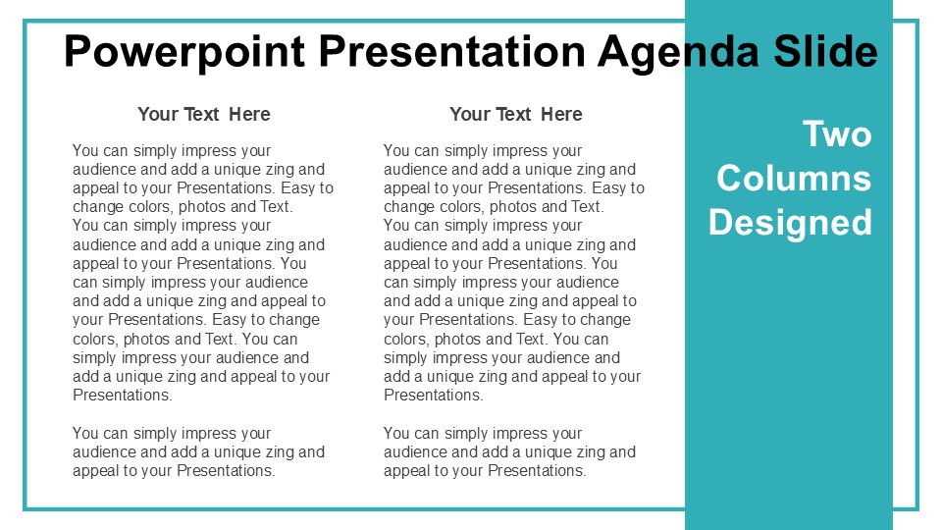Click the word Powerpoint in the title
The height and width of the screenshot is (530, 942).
[x=184, y=52]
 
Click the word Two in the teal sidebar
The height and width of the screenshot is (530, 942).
[x=837, y=134]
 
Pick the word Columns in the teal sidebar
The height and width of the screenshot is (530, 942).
[x=794, y=178]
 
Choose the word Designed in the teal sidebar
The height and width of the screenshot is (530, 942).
[x=790, y=224]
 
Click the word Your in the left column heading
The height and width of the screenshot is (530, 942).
[x=157, y=114]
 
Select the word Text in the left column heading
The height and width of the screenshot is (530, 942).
[x=201, y=114]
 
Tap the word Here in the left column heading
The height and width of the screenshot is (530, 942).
[x=249, y=114]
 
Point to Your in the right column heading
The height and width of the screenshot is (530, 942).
[x=469, y=114]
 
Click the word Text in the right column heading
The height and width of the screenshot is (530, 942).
[x=513, y=114]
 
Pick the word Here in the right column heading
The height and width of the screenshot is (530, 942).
[x=561, y=114]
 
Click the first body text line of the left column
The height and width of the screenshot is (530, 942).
[x=172, y=151]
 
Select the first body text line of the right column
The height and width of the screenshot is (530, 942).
[x=483, y=151]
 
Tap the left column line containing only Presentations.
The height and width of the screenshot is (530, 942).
[x=123, y=395]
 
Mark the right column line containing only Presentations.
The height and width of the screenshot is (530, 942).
[x=434, y=395]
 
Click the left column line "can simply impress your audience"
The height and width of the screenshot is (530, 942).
[x=190, y=283]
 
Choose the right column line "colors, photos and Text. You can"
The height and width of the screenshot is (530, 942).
[x=497, y=339]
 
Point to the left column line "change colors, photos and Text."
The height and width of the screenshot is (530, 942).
[x=183, y=207]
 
